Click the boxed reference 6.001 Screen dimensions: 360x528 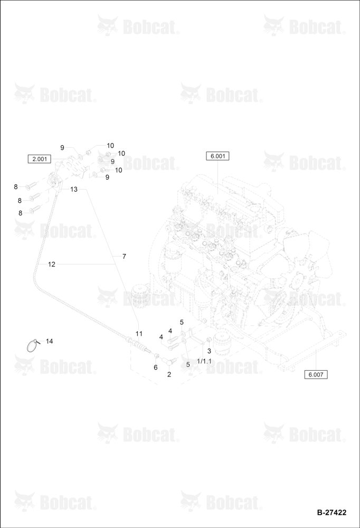pos(217,156)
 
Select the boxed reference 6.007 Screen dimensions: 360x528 pos(316,374)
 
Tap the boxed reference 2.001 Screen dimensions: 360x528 pos(40,159)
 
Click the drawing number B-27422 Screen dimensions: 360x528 pos(331,513)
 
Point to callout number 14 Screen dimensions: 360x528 pos(50,342)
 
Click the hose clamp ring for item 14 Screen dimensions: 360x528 pos(33,346)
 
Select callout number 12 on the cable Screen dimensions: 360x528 pos(52,265)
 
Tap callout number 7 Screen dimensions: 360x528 pos(124,257)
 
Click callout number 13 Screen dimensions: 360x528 pos(74,189)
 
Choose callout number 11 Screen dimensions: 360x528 pos(139,334)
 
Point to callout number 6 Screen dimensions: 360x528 pos(156,367)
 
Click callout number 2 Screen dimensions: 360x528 pos(169,374)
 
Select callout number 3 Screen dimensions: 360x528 pos(209,351)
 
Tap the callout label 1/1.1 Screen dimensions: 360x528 pos(204,361)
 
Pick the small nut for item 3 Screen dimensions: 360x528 pos(208,339)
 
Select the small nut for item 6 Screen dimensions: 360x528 pos(157,355)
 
